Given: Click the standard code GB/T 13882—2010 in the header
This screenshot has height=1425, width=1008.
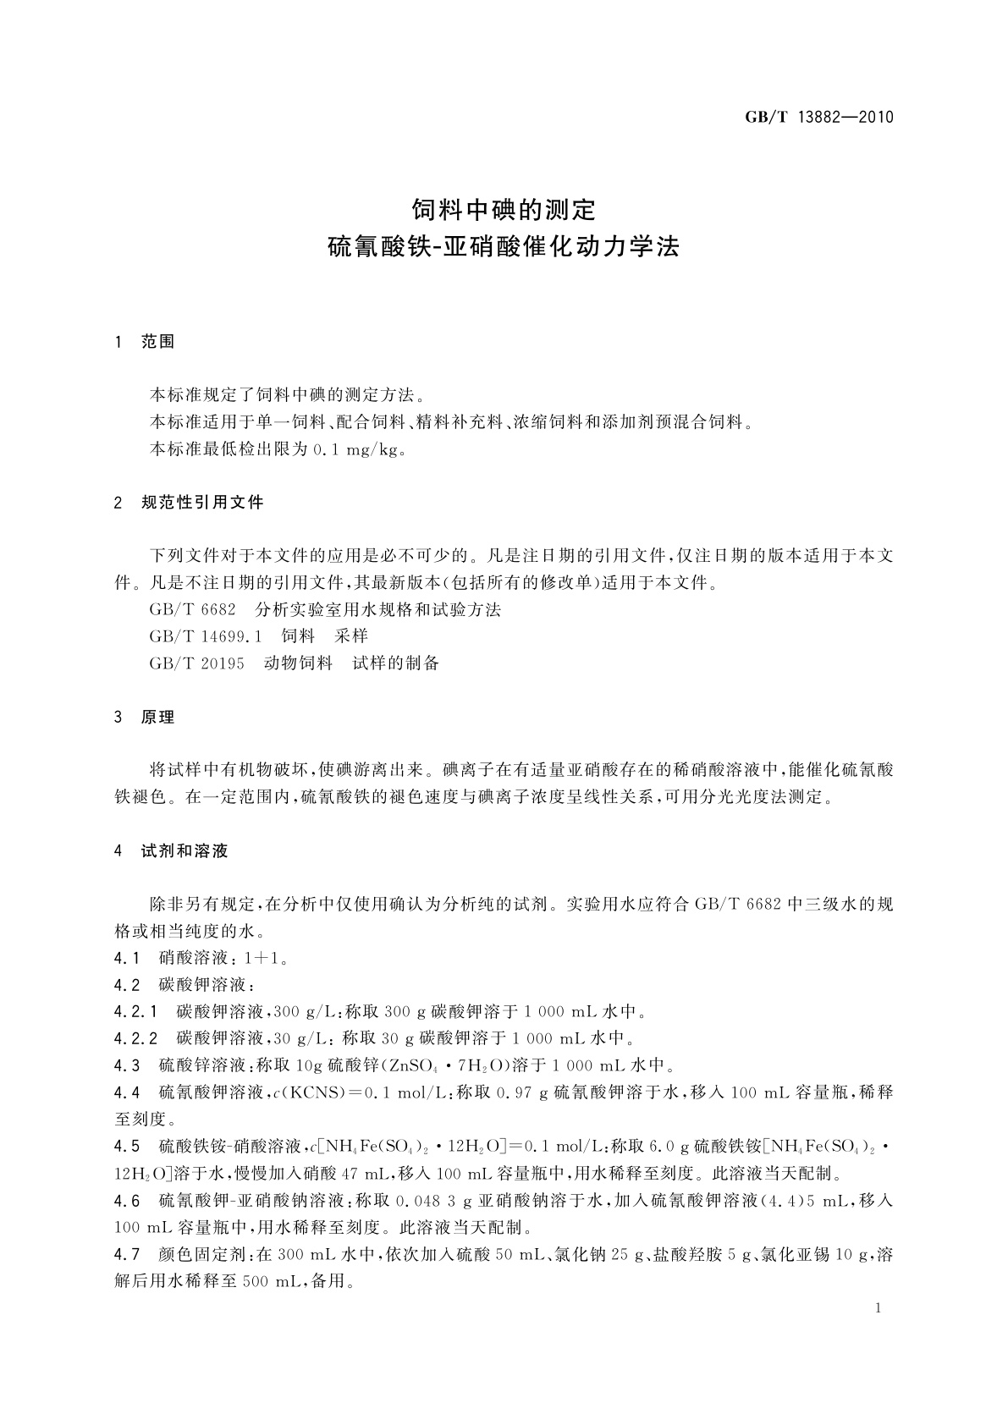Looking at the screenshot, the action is [x=818, y=118].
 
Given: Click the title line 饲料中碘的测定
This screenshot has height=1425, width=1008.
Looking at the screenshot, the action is [x=504, y=208].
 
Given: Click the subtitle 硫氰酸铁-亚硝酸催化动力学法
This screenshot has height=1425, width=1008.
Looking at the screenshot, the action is [x=504, y=247].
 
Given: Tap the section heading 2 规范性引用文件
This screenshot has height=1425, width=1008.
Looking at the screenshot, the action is [x=189, y=503].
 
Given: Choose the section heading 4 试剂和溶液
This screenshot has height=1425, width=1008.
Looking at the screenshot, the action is [x=171, y=850].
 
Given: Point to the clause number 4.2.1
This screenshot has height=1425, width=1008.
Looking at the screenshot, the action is [x=135, y=1011].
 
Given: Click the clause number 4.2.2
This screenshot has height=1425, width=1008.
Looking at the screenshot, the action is [x=135, y=1037].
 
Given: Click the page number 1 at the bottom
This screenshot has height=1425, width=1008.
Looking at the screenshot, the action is [x=878, y=1308].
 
